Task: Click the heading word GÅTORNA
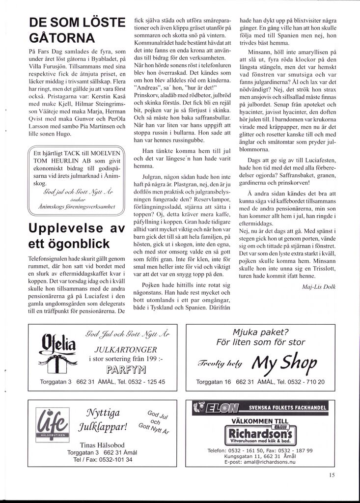pyautogui.click(x=62, y=38)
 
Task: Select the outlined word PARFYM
pyautogui.click(x=126, y=369)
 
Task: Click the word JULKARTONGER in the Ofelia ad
pyautogui.click(x=126, y=350)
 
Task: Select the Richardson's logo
pyautogui.click(x=260, y=435)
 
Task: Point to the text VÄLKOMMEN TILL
pyautogui.click(x=260, y=421)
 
